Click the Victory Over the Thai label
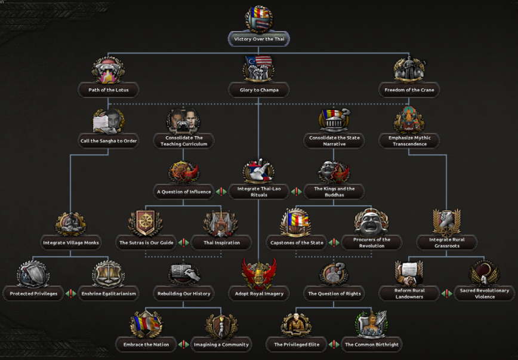(x=258, y=39)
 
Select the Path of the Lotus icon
(x=109, y=70)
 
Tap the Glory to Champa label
(x=258, y=90)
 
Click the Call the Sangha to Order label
(x=109, y=141)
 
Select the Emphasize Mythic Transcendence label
(x=409, y=141)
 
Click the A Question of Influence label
(x=183, y=192)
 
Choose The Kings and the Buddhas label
(x=334, y=192)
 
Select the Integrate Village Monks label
(x=70, y=242)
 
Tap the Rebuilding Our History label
(x=183, y=294)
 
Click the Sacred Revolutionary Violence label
(x=485, y=294)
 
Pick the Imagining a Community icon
(x=221, y=325)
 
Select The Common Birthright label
(x=371, y=344)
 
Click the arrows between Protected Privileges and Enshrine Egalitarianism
(x=70, y=294)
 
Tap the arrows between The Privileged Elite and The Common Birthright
(x=334, y=344)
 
